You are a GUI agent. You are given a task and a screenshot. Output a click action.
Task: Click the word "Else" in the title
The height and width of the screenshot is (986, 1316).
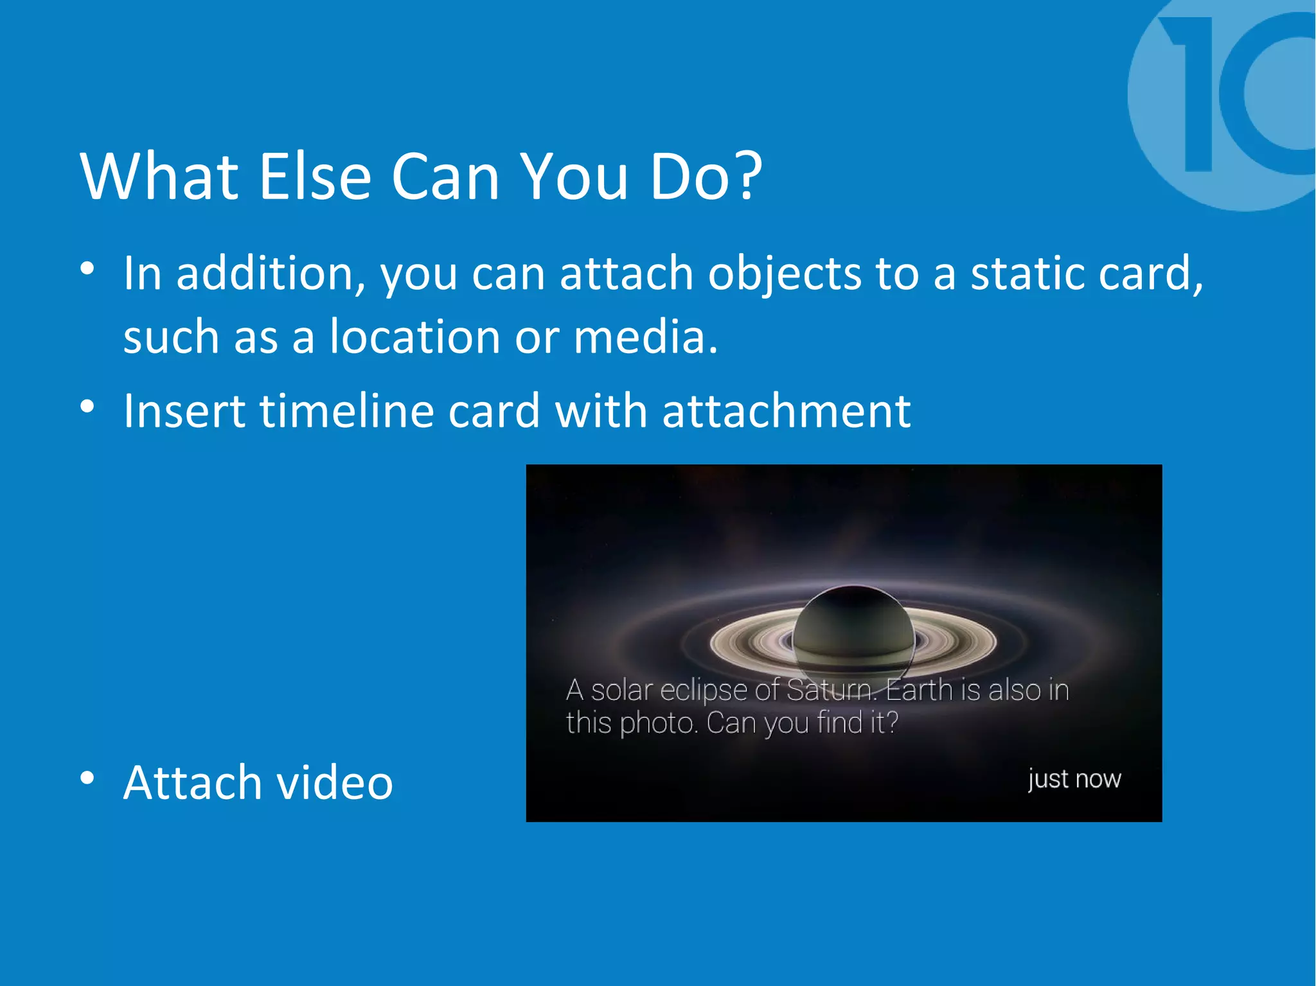pyautogui.click(x=315, y=177)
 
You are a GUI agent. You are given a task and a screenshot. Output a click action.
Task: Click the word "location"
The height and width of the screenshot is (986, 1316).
pyautogui.click(x=414, y=337)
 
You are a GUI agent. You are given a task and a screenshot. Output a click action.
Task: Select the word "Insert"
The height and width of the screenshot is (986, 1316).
pyautogui.click(x=184, y=411)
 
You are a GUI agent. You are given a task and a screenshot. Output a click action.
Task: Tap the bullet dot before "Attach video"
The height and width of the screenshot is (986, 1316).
pyautogui.click(x=87, y=778)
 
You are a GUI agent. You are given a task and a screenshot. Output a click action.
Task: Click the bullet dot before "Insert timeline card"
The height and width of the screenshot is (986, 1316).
pyautogui.click(x=87, y=406)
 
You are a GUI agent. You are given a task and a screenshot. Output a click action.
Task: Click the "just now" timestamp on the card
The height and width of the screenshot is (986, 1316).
pyautogui.click(x=1074, y=779)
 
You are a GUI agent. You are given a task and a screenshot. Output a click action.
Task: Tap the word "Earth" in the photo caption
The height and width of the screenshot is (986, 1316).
pyautogui.click(x=919, y=691)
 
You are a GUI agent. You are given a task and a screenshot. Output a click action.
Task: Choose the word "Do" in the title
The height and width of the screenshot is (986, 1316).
pyautogui.click(x=691, y=177)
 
